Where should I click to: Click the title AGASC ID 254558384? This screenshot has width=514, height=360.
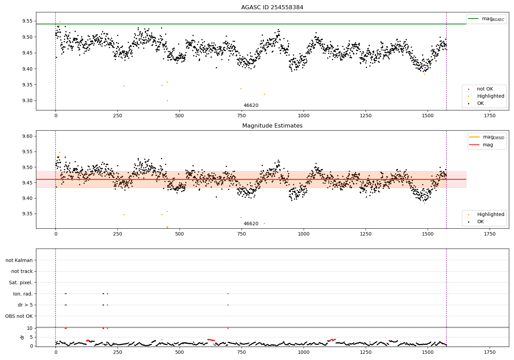pyautogui.click(x=272, y=8)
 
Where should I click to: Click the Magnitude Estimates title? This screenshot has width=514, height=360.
pyautogui.click(x=272, y=126)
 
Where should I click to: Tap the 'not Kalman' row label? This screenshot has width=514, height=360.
pyautogui.click(x=19, y=260)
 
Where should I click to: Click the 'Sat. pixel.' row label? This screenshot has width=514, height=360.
pyautogui.click(x=21, y=283)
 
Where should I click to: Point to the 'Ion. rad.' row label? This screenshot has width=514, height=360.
pyautogui.click(x=23, y=294)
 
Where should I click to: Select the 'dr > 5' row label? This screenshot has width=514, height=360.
pyautogui.click(x=25, y=305)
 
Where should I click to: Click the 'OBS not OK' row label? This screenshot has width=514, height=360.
pyautogui.click(x=19, y=316)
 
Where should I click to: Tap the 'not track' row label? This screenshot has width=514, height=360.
pyautogui.click(x=22, y=271)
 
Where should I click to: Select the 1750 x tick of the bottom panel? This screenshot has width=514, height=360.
pyautogui.click(x=490, y=352)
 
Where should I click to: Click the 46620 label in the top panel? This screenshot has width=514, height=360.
pyautogui.click(x=251, y=106)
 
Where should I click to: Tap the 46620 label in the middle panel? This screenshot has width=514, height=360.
pyautogui.click(x=251, y=224)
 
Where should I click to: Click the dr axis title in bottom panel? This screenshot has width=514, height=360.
pyautogui.click(x=22, y=337)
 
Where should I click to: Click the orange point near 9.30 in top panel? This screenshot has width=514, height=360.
pyautogui.click(x=167, y=100)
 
